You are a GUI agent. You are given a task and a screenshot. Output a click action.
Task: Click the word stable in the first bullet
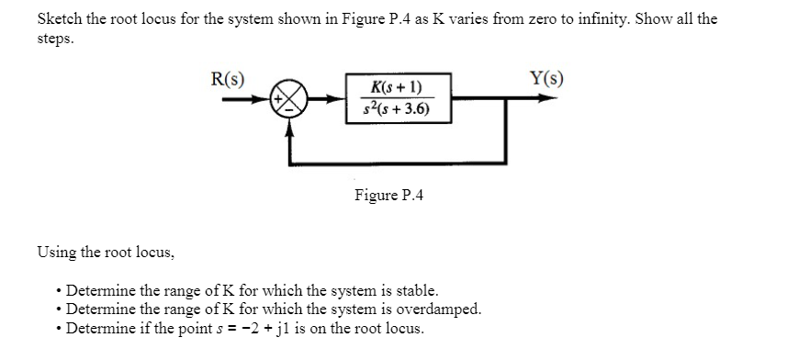(x=402, y=291)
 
